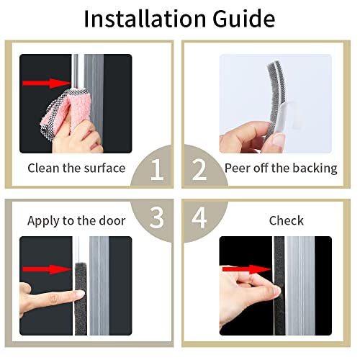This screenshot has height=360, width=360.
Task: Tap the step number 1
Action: click(156, 169)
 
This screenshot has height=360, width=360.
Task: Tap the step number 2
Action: click(199, 169)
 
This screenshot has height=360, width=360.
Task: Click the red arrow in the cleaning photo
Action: click(41, 84)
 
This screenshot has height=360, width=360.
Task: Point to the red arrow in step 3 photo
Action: click(45, 271)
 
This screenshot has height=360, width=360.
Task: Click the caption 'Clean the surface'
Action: click(76, 168)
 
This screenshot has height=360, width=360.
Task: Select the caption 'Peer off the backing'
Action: click(281, 168)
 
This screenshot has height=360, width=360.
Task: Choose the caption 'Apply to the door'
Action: click(76, 220)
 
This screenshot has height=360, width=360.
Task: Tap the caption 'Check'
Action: click(287, 220)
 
